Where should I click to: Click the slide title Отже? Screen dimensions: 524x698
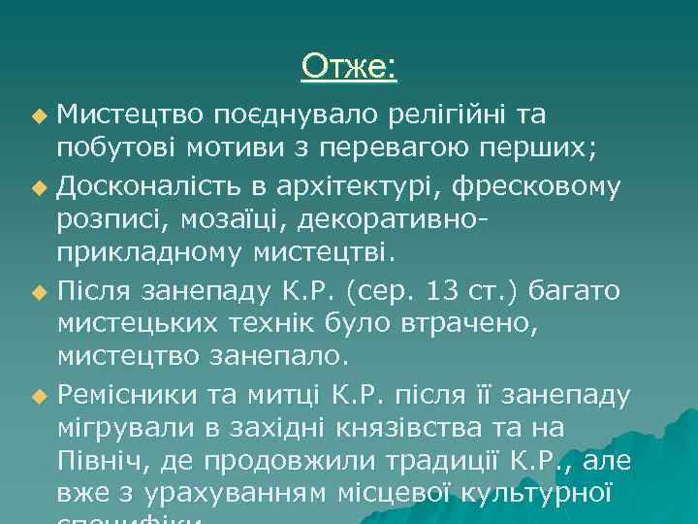[348, 66]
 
